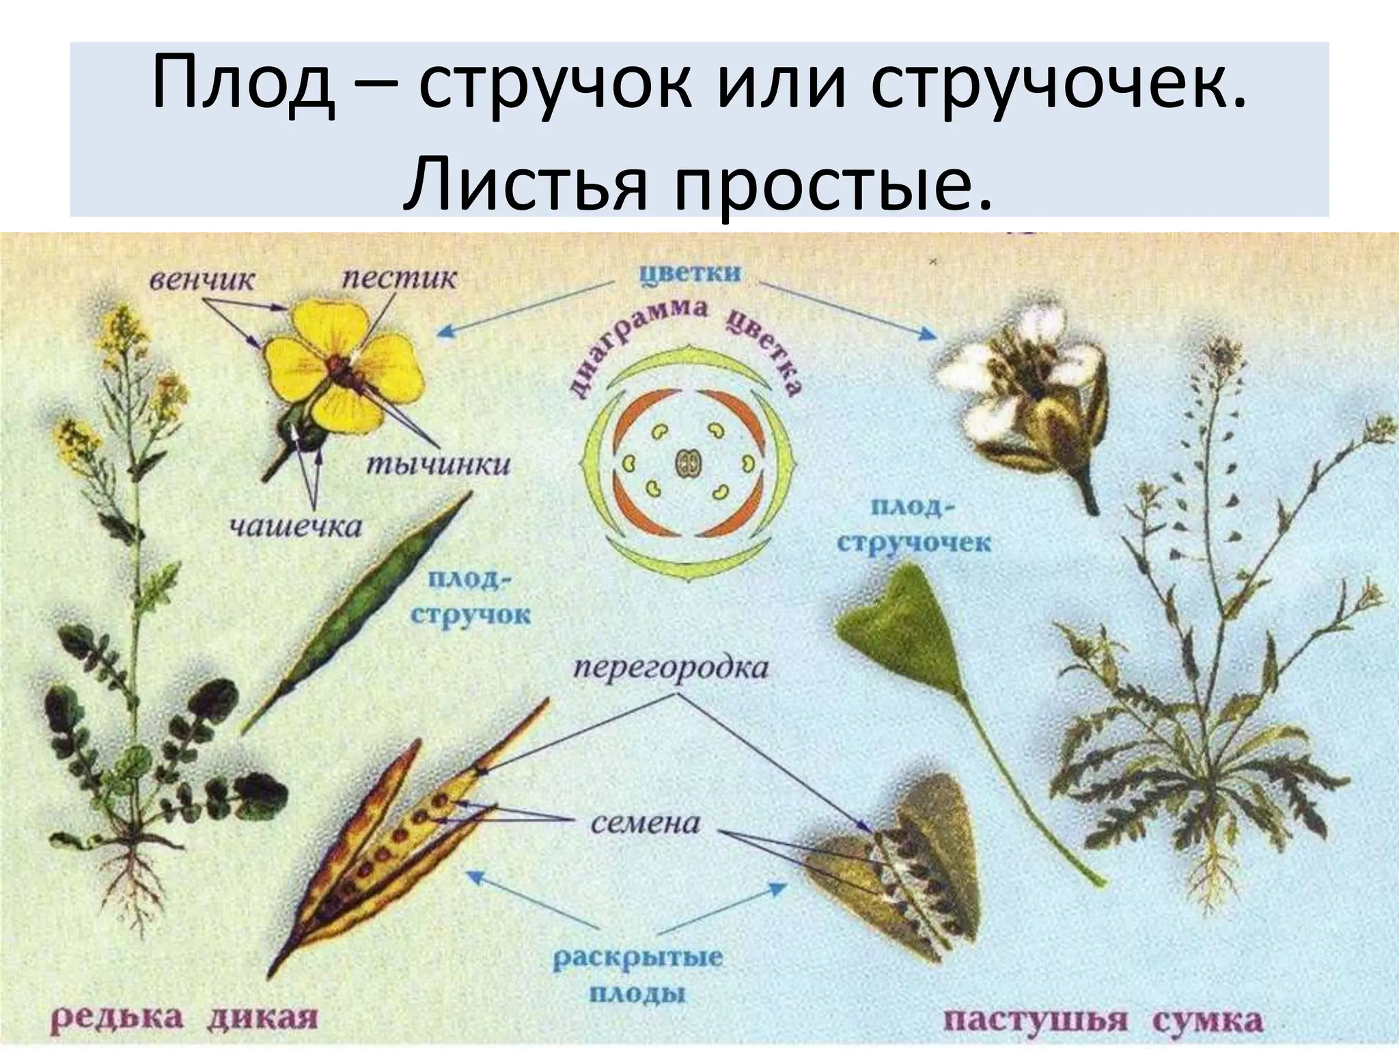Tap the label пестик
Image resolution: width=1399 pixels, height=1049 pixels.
tap(399, 279)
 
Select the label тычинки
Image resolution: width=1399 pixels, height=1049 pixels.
tap(438, 465)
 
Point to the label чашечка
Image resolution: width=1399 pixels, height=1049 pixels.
tap(295, 527)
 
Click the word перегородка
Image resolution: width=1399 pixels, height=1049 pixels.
tap(670, 667)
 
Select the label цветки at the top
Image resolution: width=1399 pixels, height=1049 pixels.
tap(690, 274)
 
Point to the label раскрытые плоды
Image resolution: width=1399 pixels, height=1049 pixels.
tap(637, 975)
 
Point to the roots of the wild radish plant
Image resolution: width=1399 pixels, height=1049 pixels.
tap(140, 881)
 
